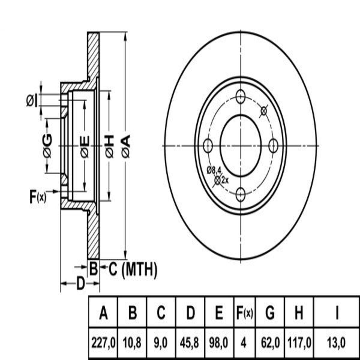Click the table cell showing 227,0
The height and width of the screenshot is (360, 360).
103,343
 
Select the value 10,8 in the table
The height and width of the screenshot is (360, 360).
132,343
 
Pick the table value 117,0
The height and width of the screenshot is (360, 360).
299,343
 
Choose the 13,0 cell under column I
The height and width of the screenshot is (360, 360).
337,343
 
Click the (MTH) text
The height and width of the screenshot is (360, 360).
139,269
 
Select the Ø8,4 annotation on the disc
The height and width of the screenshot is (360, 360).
214,170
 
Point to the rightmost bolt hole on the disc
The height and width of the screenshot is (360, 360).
273,145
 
